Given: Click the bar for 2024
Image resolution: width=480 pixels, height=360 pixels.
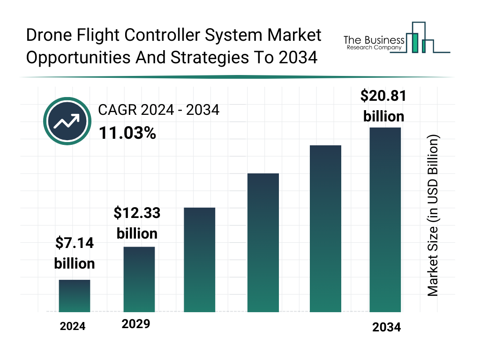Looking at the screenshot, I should click(75, 296).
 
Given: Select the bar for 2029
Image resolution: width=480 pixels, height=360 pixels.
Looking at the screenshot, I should click(139, 279).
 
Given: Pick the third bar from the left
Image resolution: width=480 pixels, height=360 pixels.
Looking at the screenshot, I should click(200, 260).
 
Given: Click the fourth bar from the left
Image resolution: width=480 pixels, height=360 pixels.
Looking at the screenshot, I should click(263, 243).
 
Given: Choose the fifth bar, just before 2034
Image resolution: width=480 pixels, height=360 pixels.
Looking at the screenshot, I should click(326, 229).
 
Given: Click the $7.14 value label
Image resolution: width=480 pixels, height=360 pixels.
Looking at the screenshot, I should click(75, 253).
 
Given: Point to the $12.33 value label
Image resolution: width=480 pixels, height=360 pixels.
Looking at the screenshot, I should click(137, 223).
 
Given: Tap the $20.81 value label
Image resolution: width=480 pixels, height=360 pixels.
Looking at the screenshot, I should click(383, 106).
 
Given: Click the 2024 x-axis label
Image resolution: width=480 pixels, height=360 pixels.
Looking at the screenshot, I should click(73, 326).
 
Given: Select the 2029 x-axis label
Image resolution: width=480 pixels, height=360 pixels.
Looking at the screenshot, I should click(136, 324).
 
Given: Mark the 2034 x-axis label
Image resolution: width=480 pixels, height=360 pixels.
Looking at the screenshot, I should click(387, 328).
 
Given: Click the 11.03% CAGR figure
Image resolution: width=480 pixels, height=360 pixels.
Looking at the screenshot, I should click(127, 134).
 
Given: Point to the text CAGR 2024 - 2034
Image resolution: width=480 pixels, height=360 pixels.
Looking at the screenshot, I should click(158, 110).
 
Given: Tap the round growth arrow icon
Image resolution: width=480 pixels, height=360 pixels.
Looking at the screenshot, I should click(67, 121).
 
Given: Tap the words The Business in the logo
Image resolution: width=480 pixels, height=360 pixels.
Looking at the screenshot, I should click(374, 40).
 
